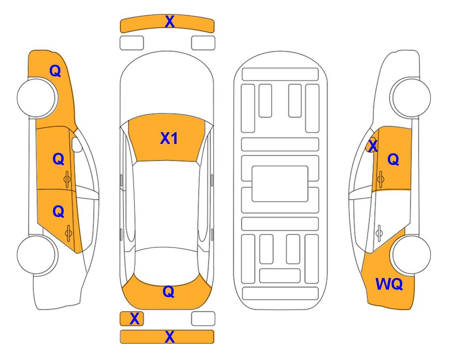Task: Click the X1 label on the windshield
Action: pos(169,138)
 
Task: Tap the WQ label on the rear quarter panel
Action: pos(389,284)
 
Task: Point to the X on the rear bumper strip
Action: pos(170,337)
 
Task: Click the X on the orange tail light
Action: pos(134,319)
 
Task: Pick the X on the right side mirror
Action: pos(373,145)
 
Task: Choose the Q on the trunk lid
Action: pos(169,292)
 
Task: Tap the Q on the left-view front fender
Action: pos(55,71)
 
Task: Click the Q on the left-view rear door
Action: pos(59,212)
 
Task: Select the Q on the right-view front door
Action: pos(393,159)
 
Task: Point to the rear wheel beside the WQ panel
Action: pos(411,255)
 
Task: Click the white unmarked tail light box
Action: pos(203,319)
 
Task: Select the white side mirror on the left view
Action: pos(77,144)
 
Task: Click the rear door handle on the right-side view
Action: pos(379,233)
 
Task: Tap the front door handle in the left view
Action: pos(67,179)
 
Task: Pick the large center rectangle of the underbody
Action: pos(280,184)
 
